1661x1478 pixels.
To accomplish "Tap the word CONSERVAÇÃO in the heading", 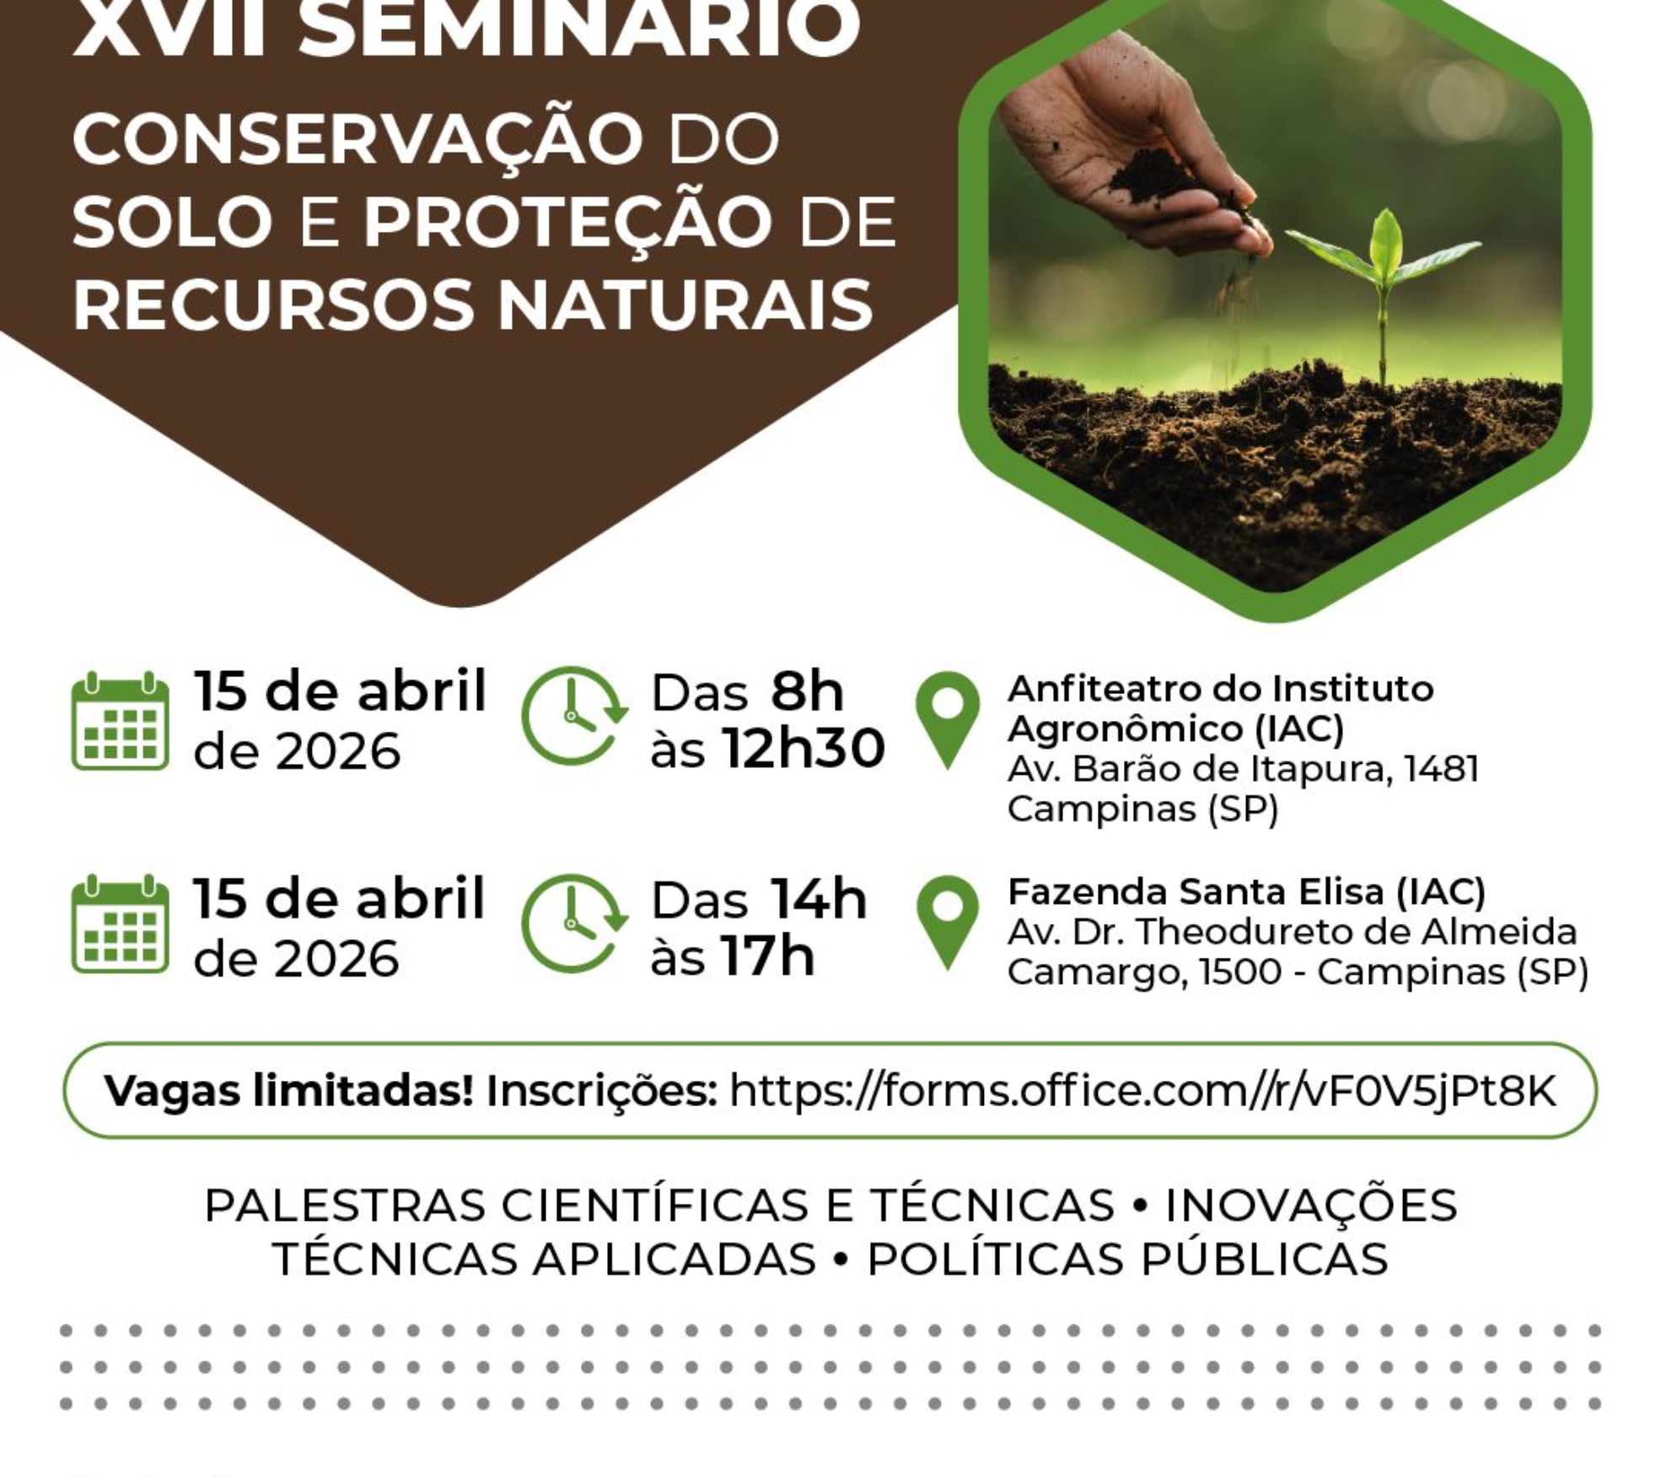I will tap(358, 139).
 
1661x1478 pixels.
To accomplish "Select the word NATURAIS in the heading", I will tap(685, 305).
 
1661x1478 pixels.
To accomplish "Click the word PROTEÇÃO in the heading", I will tap(568, 223).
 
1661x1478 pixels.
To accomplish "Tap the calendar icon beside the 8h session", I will tap(120, 721).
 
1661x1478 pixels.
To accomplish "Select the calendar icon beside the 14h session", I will tap(120, 925).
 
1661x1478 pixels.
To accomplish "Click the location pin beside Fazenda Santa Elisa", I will tap(948, 921).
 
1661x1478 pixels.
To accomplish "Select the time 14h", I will tap(818, 900).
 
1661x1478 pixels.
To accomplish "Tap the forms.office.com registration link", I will tap(1142, 1090).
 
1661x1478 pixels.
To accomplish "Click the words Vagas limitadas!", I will tap(288, 1091).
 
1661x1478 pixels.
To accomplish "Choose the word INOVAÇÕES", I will tap(1311, 1205).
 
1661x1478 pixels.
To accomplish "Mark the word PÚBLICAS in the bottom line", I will tap(1265, 1259).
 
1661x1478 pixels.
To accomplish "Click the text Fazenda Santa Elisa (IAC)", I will tap(1246, 892).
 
